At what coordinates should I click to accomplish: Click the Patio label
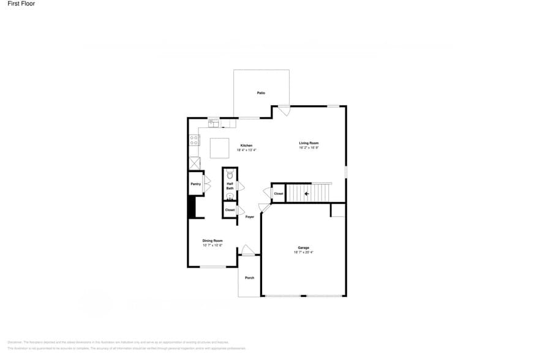click(x=261, y=92)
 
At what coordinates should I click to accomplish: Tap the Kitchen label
click(x=246, y=145)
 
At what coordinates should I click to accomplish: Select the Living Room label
click(x=309, y=143)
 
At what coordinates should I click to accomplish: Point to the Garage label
click(x=304, y=247)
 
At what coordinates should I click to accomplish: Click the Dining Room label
click(x=212, y=241)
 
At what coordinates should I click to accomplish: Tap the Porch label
click(x=249, y=278)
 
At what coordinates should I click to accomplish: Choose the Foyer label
click(x=250, y=217)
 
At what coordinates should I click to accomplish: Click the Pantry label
click(x=195, y=184)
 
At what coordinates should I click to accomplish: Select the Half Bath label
click(x=230, y=186)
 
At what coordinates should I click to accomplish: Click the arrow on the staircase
click(x=307, y=194)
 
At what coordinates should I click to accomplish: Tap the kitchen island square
click(x=220, y=148)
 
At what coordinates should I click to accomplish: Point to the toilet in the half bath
click(x=230, y=174)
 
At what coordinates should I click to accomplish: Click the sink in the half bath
click(x=230, y=197)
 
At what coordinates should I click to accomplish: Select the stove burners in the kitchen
click(x=194, y=140)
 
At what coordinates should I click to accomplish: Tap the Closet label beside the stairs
click(x=279, y=193)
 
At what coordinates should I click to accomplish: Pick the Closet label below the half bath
click(x=230, y=210)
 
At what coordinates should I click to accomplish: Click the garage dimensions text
click(x=304, y=252)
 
